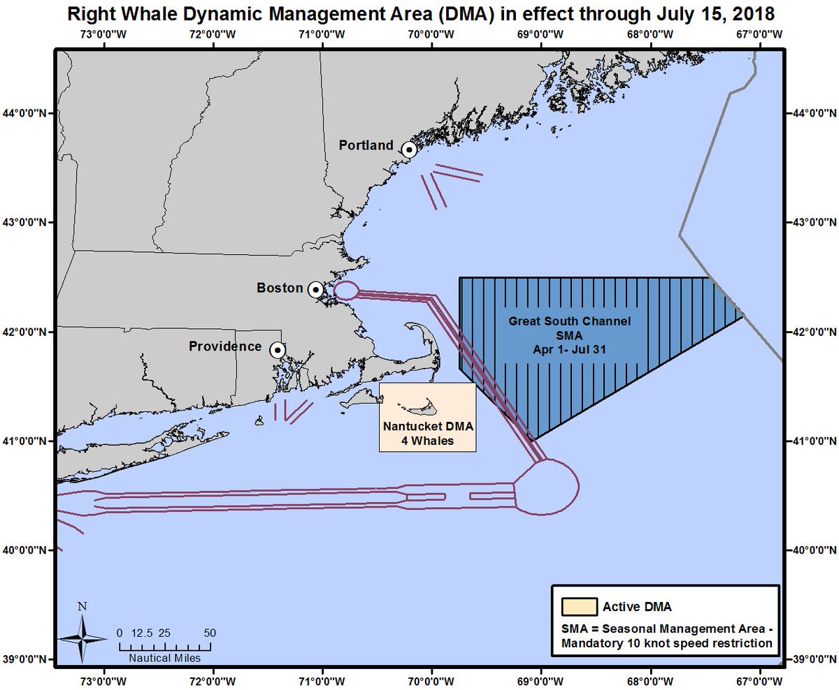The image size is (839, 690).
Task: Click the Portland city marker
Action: click(x=409, y=149)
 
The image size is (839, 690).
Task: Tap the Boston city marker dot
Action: click(x=315, y=289)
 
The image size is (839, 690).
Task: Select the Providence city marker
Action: click(x=278, y=349)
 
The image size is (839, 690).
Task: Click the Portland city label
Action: click(x=366, y=145)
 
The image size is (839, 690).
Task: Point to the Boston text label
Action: click(x=280, y=288)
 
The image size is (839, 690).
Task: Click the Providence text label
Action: click(x=225, y=346)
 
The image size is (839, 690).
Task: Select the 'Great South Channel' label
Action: click(x=570, y=322)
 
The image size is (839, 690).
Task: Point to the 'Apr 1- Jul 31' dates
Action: click(x=570, y=348)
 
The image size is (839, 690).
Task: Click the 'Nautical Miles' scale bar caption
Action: click(x=164, y=658)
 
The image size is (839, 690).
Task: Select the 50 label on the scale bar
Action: click(x=209, y=633)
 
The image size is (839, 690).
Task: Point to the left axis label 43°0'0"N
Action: click(x=29, y=223)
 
